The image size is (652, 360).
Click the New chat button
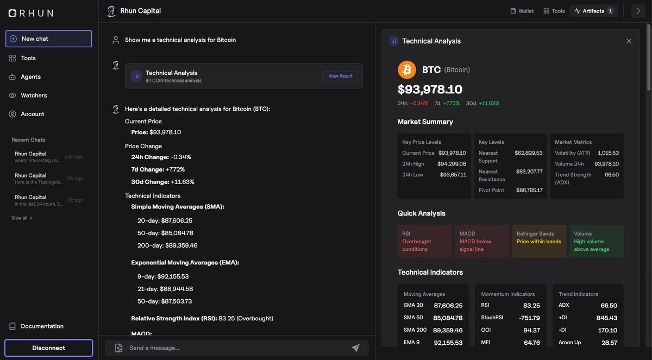pos(48,39)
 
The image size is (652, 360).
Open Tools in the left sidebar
pos(28,58)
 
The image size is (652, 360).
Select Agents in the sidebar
pos(30,77)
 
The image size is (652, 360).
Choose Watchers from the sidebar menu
pos(34,96)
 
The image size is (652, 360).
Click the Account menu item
pos(32,114)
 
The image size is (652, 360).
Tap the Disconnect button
pos(48,348)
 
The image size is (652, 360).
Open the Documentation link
pos(42,326)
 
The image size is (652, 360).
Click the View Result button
pos(340,76)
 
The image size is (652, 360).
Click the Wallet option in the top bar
pos(522,11)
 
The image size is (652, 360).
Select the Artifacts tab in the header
pos(593,11)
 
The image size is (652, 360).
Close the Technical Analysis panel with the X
pos(629,41)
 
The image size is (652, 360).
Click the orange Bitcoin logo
pos(407,70)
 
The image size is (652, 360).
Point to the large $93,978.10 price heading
pos(430,89)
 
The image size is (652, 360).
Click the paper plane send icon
pos(356,348)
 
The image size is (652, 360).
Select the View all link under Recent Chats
pos(22,218)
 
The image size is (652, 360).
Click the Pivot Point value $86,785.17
pos(529,191)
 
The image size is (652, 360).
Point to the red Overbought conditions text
pos(417,245)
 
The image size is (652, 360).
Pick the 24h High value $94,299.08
pos(452,164)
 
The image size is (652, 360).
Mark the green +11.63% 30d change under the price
pos(489,103)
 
